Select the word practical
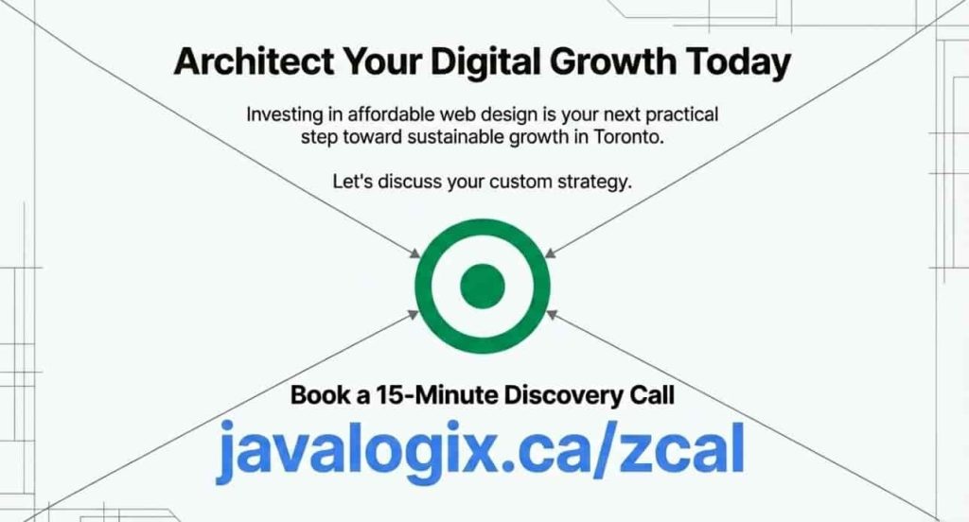[678, 115]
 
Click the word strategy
[592, 182]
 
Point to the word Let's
[353, 182]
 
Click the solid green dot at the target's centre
[484, 285]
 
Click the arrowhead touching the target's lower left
[416, 313]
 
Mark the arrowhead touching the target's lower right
[552, 313]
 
